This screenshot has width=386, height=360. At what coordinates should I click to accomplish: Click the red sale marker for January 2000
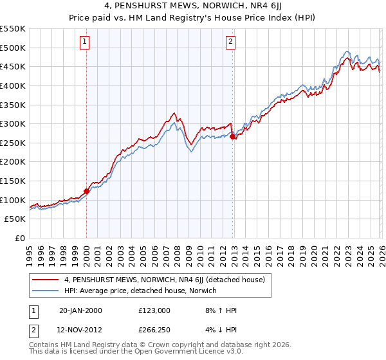coord(86,191)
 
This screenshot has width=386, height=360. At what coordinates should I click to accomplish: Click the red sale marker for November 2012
coord(232,136)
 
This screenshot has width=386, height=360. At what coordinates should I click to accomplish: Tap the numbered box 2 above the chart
coord(231,42)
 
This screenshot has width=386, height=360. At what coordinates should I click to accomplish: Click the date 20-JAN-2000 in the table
coord(80,310)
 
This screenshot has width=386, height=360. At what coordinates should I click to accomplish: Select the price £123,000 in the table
coord(154,310)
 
